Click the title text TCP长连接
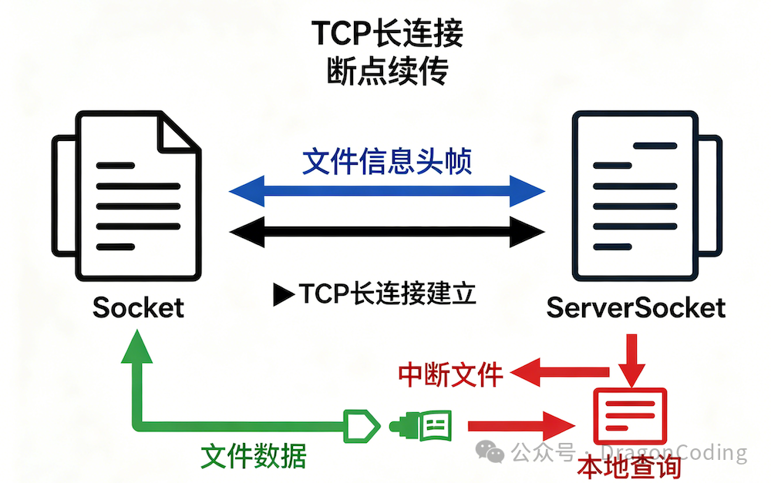tap(388, 33)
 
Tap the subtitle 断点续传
tap(388, 71)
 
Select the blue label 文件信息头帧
tap(387, 161)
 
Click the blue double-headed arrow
tap(387, 191)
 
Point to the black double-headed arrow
tap(387, 231)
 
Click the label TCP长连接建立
tap(388, 293)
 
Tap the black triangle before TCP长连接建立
tap(284, 294)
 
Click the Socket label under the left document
tap(138, 308)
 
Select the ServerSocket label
tap(636, 308)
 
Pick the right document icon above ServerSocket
tap(647, 196)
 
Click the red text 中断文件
tap(450, 375)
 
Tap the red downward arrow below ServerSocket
tap(631, 361)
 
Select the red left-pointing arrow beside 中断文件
tap(560, 372)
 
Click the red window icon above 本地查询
tap(630, 416)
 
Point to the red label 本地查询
tap(629, 467)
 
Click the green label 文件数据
tap(253, 456)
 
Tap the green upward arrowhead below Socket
tap(136, 347)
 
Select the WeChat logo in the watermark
tap(490, 451)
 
